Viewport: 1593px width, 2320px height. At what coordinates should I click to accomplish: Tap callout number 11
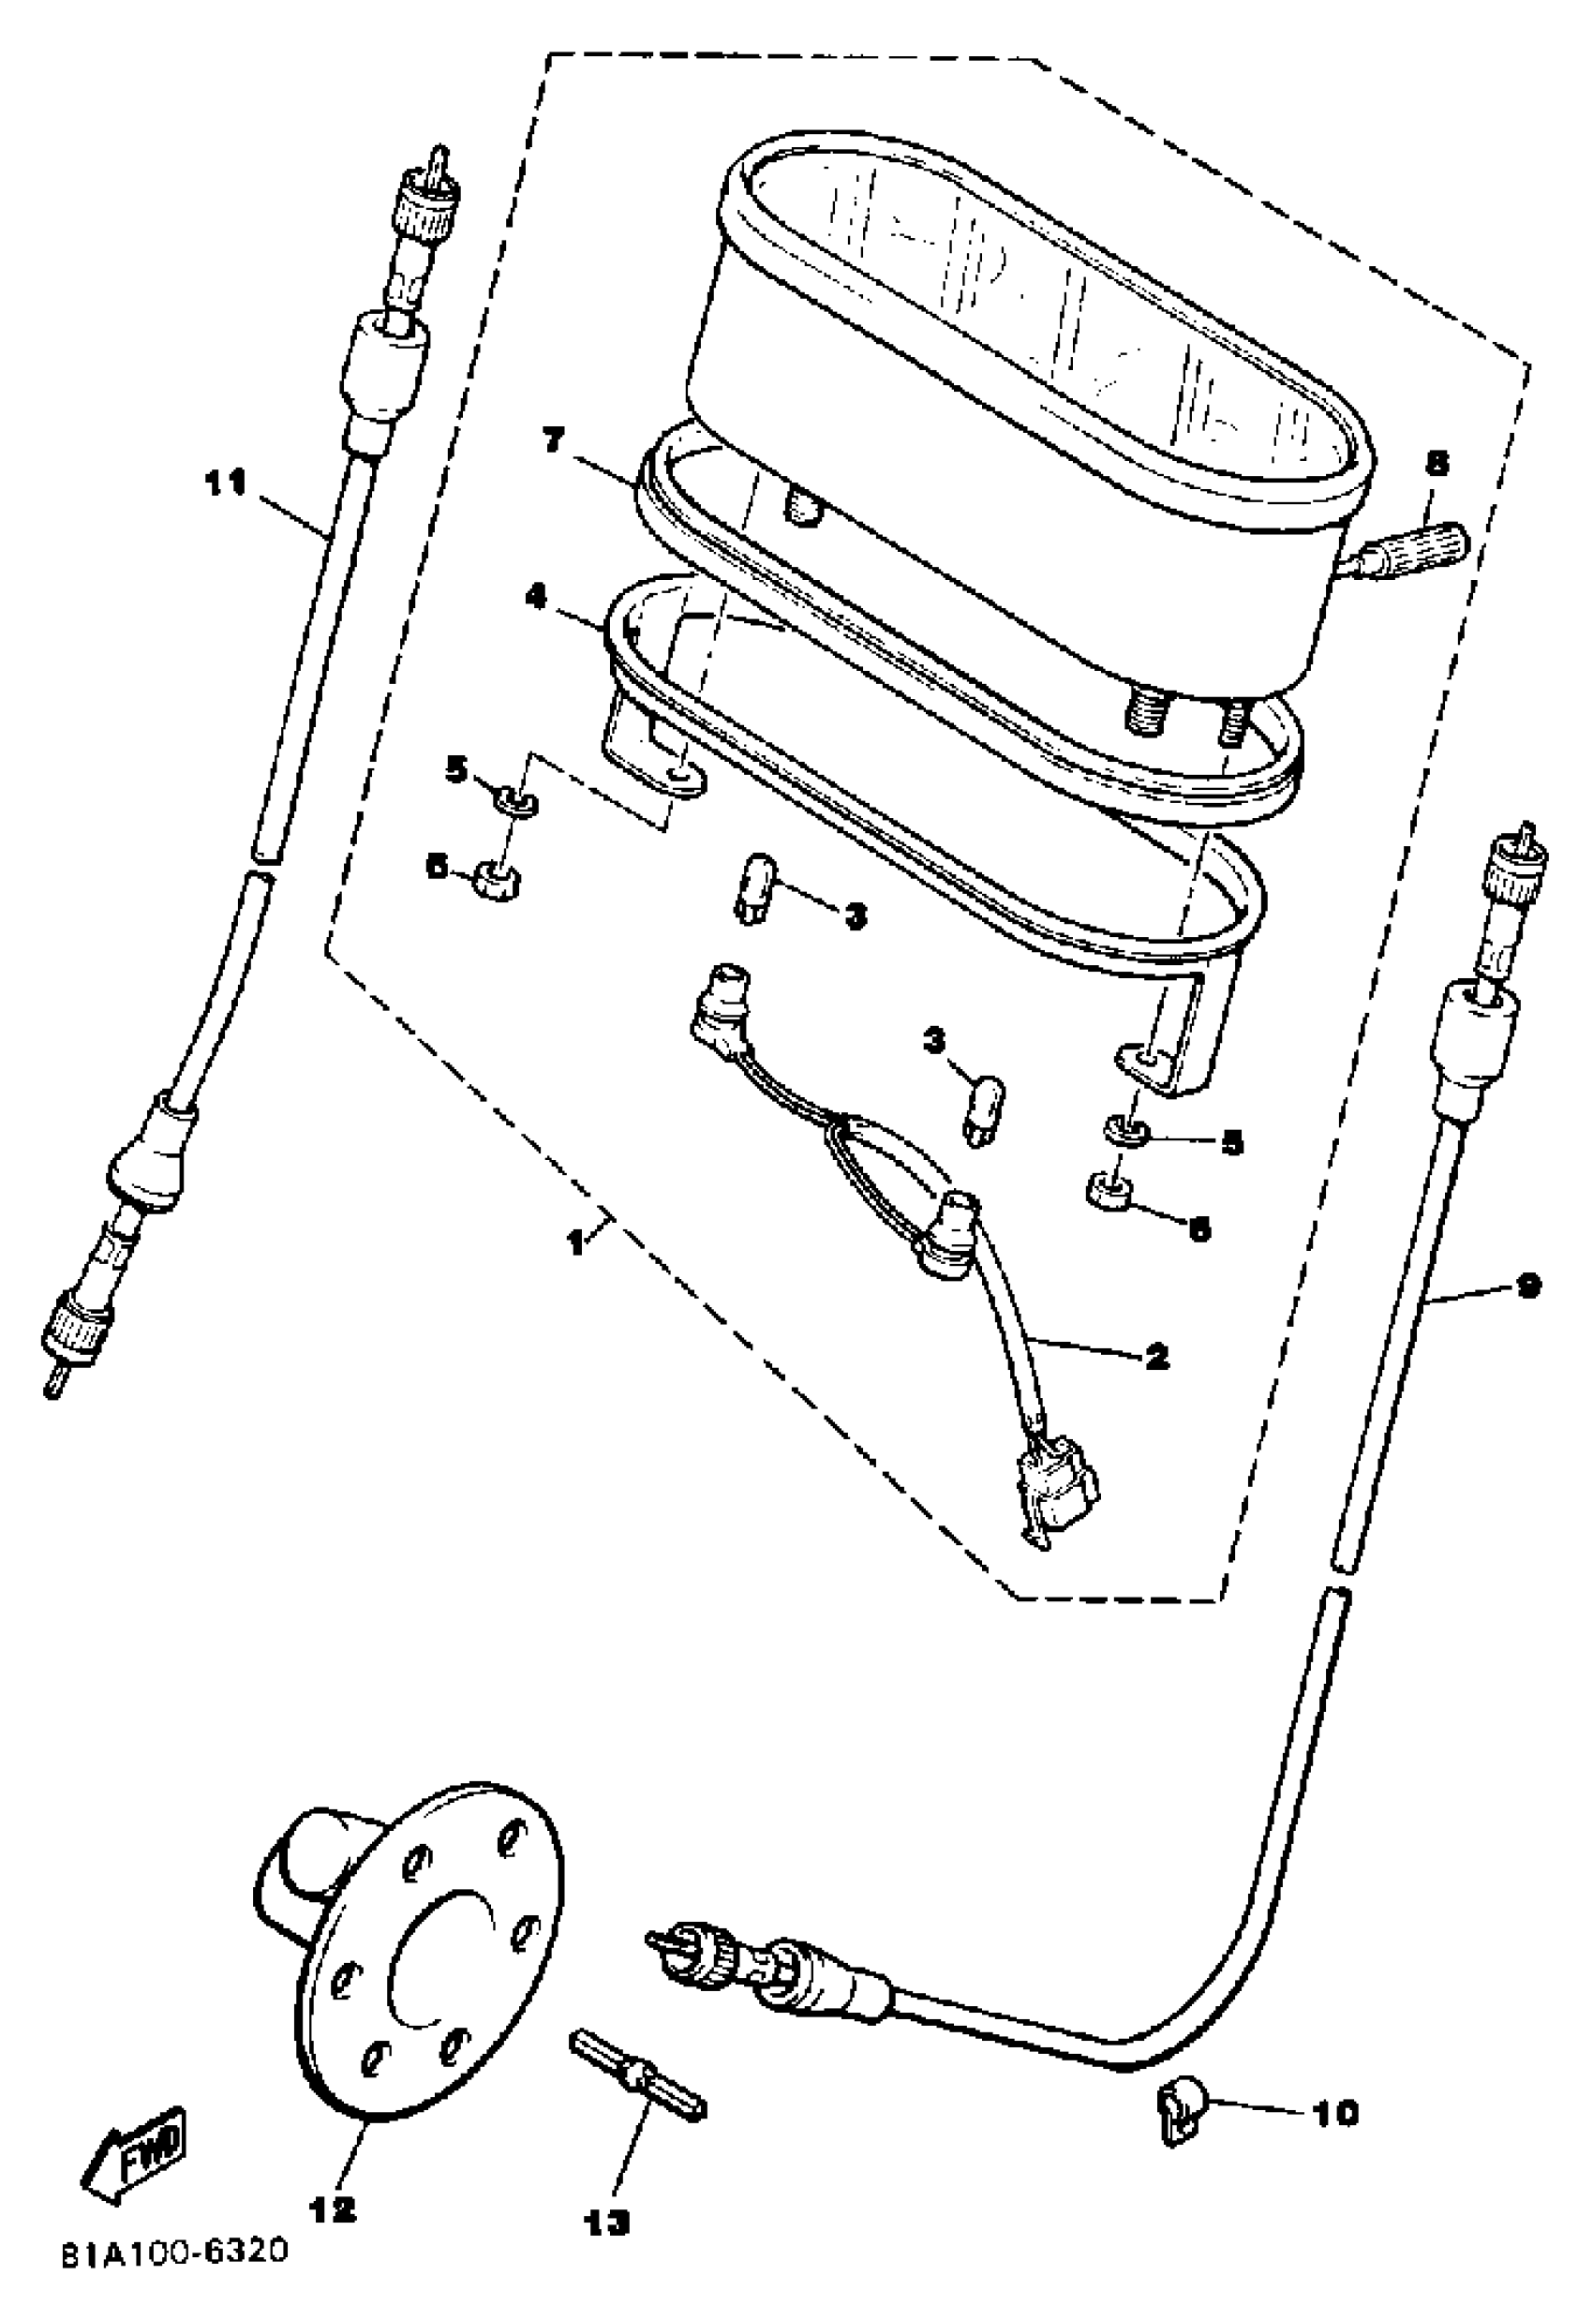pos(225,483)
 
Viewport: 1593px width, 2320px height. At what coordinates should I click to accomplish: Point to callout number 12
pos(334,2211)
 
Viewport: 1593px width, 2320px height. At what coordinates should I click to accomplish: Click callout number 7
pos(554,440)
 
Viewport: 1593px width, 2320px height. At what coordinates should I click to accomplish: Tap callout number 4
pos(536,598)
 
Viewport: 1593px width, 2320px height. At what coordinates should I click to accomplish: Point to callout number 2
pos(1154,1355)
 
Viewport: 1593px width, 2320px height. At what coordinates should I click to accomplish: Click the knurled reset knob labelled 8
pos(1418,545)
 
